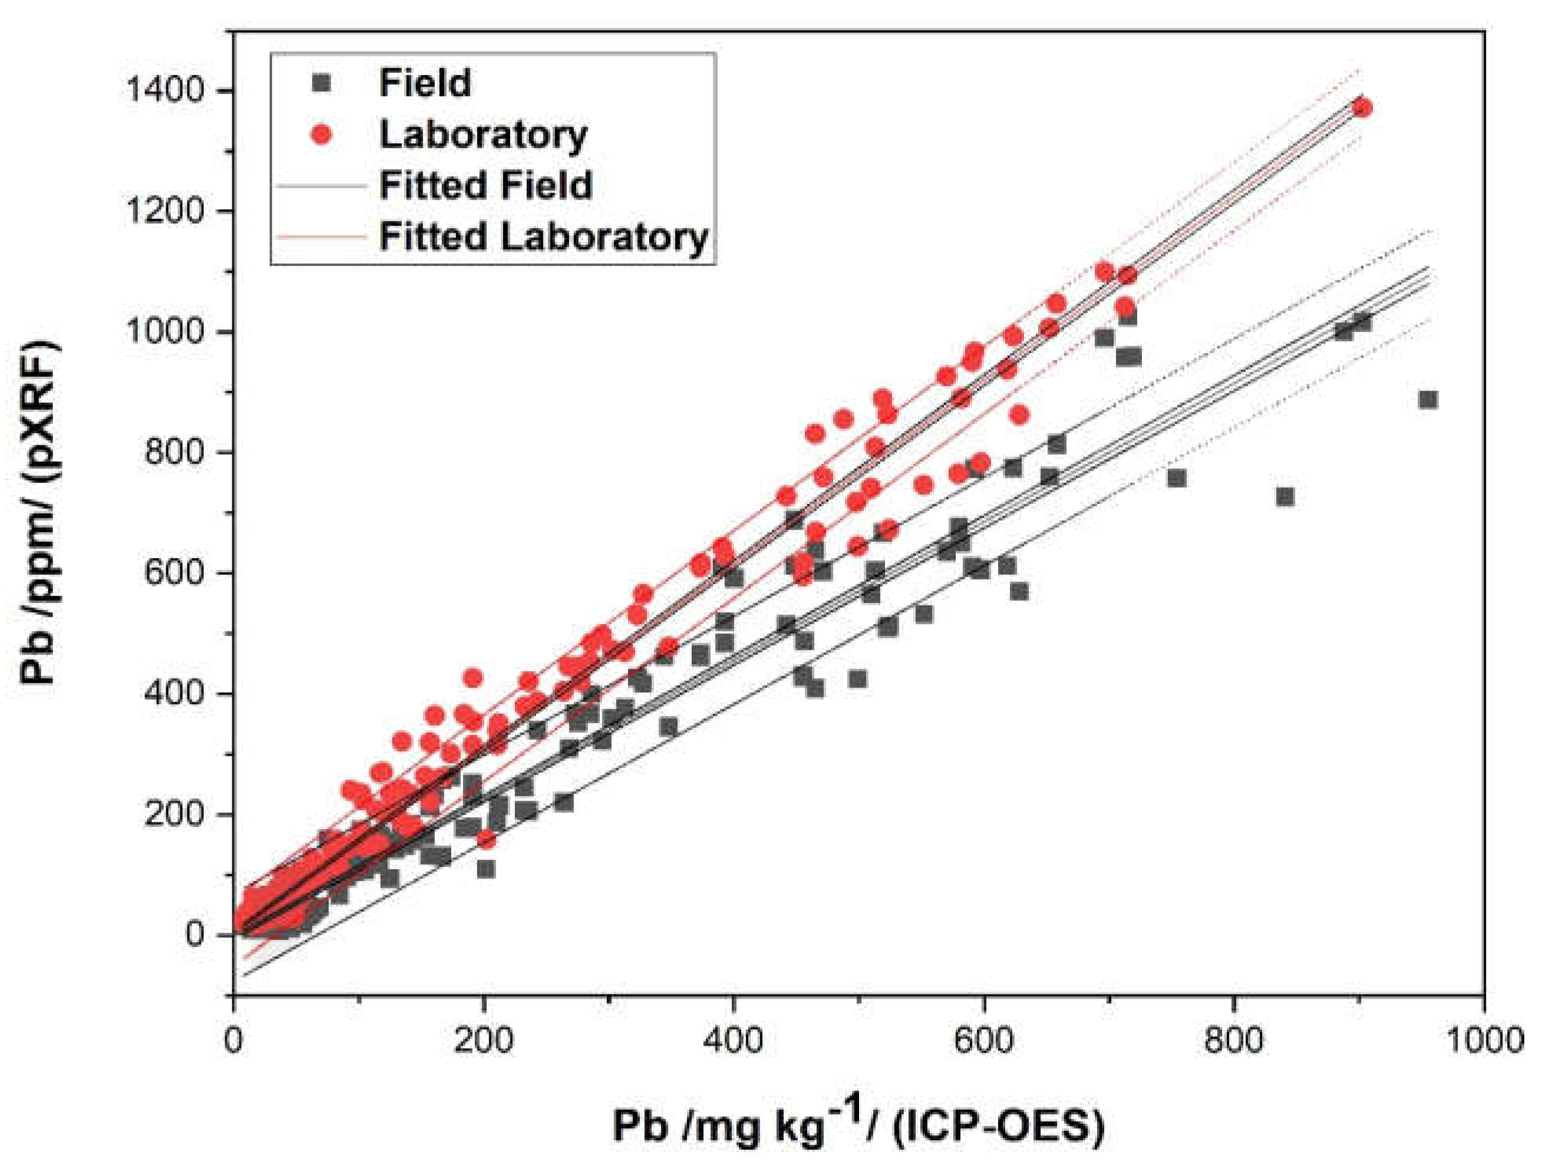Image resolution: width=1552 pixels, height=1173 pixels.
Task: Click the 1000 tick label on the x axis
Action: (1482, 1040)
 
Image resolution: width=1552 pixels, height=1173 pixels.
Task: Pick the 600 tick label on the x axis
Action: (983, 1040)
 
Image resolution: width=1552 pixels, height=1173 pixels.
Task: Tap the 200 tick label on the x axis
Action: (483, 1040)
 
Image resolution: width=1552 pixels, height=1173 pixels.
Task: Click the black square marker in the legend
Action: (321, 84)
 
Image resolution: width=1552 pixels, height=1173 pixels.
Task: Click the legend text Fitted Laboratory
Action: (544, 237)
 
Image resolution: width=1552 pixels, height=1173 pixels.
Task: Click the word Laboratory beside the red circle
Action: (483, 135)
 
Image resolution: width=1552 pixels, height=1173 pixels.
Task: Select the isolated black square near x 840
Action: (1284, 497)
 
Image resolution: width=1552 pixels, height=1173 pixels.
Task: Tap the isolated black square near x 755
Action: (1177, 478)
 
